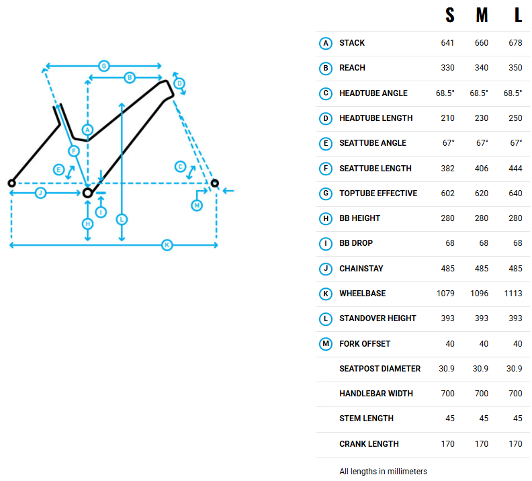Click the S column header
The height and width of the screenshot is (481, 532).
(449, 17)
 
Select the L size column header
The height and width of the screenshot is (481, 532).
(518, 17)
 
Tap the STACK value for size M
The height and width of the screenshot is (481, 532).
(482, 43)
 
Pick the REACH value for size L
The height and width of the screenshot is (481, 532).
(515, 68)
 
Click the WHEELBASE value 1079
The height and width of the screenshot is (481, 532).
(445, 294)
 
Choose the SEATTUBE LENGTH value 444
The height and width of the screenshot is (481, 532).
(515, 169)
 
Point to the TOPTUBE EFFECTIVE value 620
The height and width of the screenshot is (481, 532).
(482, 193)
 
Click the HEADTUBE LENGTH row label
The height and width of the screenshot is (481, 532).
(375, 118)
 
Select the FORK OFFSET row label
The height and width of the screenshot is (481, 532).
(365, 344)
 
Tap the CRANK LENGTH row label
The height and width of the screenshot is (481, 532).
(369, 444)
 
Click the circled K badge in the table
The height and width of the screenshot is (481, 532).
(326, 294)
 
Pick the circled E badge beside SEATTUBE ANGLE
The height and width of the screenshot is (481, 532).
(326, 143)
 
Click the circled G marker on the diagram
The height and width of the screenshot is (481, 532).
(103, 66)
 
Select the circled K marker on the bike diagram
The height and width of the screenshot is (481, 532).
(167, 245)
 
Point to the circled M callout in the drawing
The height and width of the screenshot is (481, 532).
(197, 205)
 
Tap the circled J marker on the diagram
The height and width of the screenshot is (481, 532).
(40, 193)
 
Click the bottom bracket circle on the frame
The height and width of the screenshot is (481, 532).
(87, 193)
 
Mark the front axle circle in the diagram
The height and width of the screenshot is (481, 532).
(215, 183)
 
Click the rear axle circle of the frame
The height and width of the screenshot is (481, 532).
(11, 183)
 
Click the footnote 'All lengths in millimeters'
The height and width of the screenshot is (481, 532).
(383, 472)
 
